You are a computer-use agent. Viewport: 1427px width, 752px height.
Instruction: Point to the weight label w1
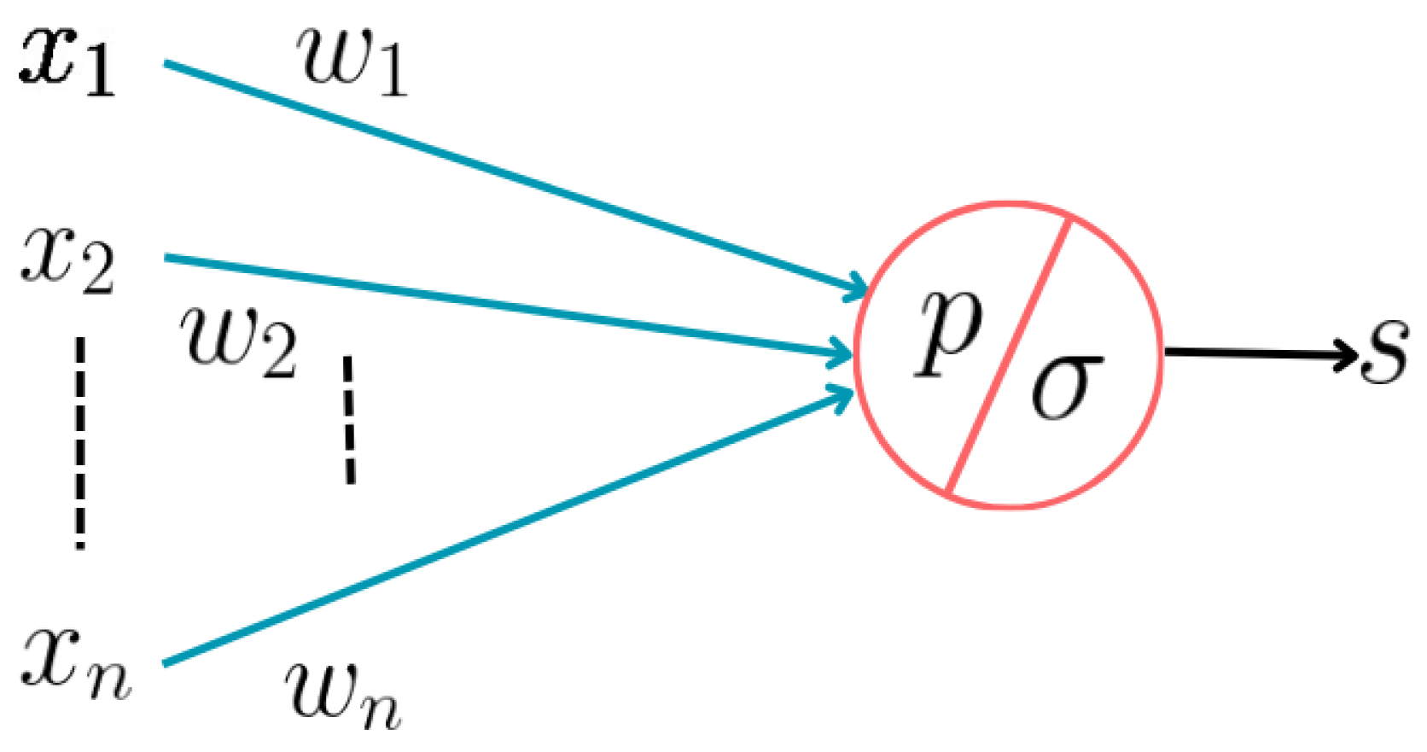(352, 61)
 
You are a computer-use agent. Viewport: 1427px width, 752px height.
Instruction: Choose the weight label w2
(239, 342)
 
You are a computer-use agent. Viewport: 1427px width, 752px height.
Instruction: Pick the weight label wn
(341, 695)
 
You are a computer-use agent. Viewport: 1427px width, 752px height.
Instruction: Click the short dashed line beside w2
(349, 419)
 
